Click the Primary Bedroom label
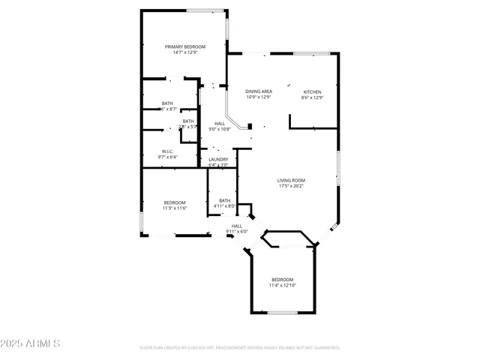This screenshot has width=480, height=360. (185, 46)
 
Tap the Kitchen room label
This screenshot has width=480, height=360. (312, 92)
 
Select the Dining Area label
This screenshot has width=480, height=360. (259, 91)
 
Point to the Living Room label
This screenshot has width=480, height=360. (291, 180)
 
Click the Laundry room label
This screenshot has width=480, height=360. (218, 159)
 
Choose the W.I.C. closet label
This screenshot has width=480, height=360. (167, 151)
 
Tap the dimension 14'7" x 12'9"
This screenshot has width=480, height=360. (185, 52)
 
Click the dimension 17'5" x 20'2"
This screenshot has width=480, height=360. (291, 186)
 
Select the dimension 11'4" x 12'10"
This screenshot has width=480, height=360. (283, 285)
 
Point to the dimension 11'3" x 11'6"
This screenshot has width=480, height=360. (175, 208)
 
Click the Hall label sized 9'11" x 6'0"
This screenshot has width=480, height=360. (237, 226)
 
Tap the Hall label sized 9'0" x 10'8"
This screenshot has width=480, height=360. (220, 124)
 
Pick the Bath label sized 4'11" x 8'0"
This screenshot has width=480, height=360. (224, 200)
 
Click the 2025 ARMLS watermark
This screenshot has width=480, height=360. (31, 343)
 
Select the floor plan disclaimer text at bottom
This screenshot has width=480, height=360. (240, 348)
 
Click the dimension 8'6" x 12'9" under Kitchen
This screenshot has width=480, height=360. (312, 97)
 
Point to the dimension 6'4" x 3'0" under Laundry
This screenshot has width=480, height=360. (218, 164)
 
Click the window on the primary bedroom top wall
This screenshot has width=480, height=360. (205, 10)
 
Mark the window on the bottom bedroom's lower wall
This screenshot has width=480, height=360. (283, 312)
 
